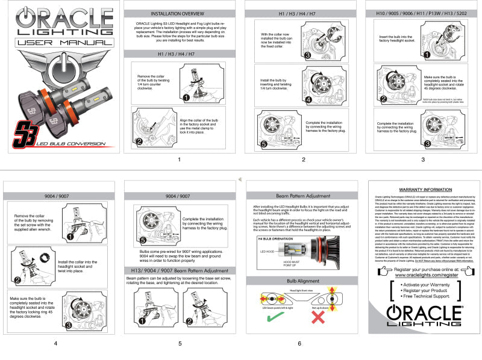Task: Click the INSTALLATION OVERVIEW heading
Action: [179, 13]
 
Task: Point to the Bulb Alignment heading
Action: [299, 281]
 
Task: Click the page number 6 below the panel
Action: [299, 344]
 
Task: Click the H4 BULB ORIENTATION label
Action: [269, 240]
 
